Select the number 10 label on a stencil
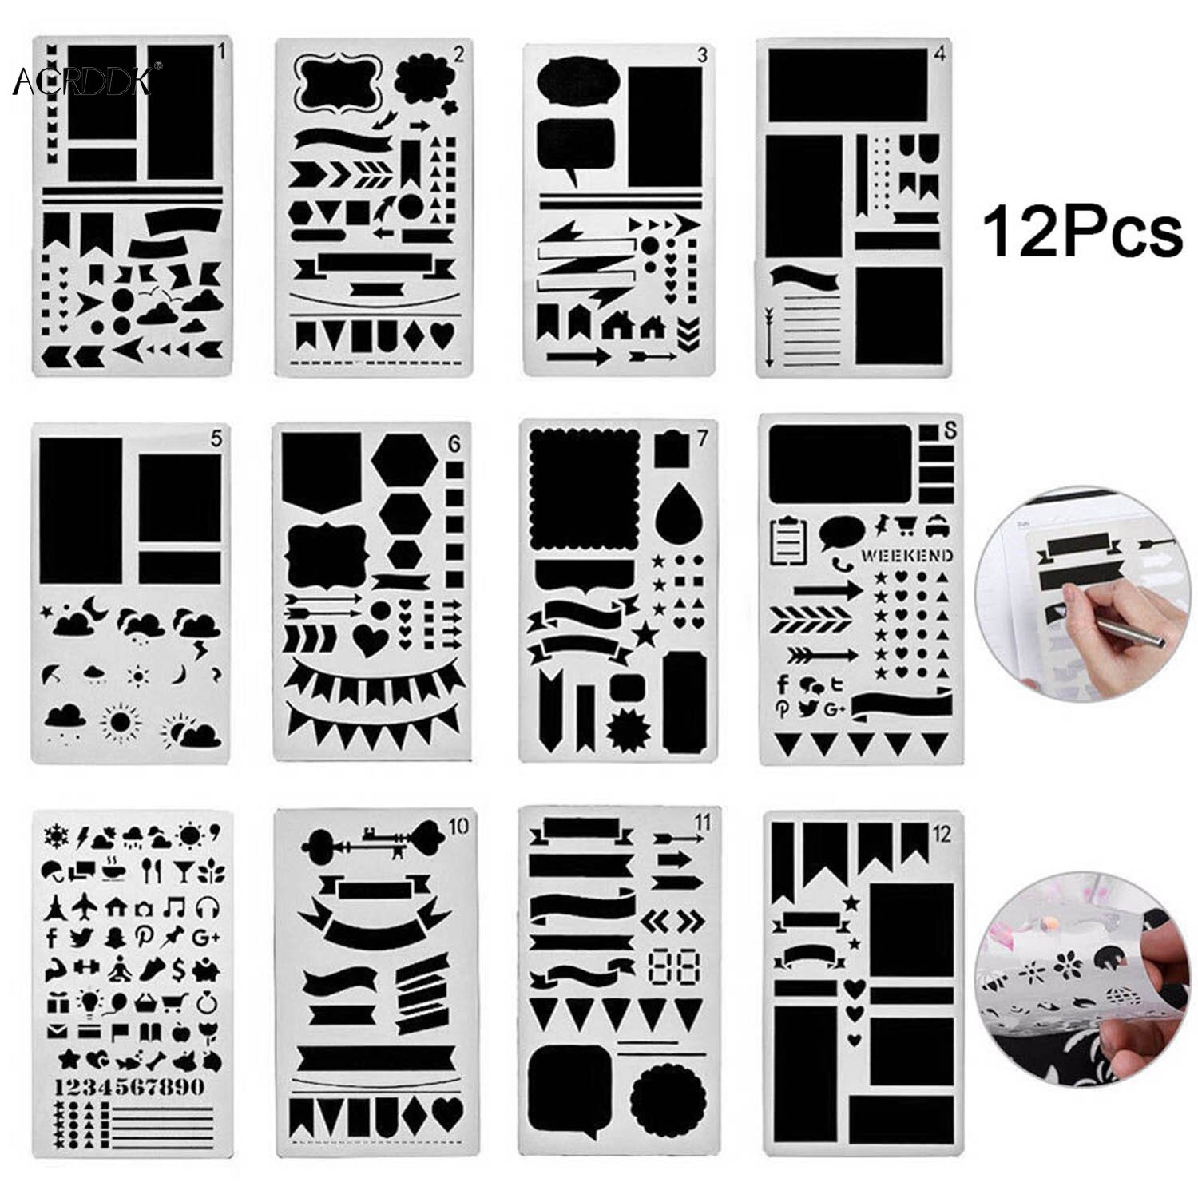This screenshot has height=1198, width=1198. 458,828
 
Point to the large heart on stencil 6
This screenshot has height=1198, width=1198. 370,639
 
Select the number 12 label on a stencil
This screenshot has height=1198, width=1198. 942,835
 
